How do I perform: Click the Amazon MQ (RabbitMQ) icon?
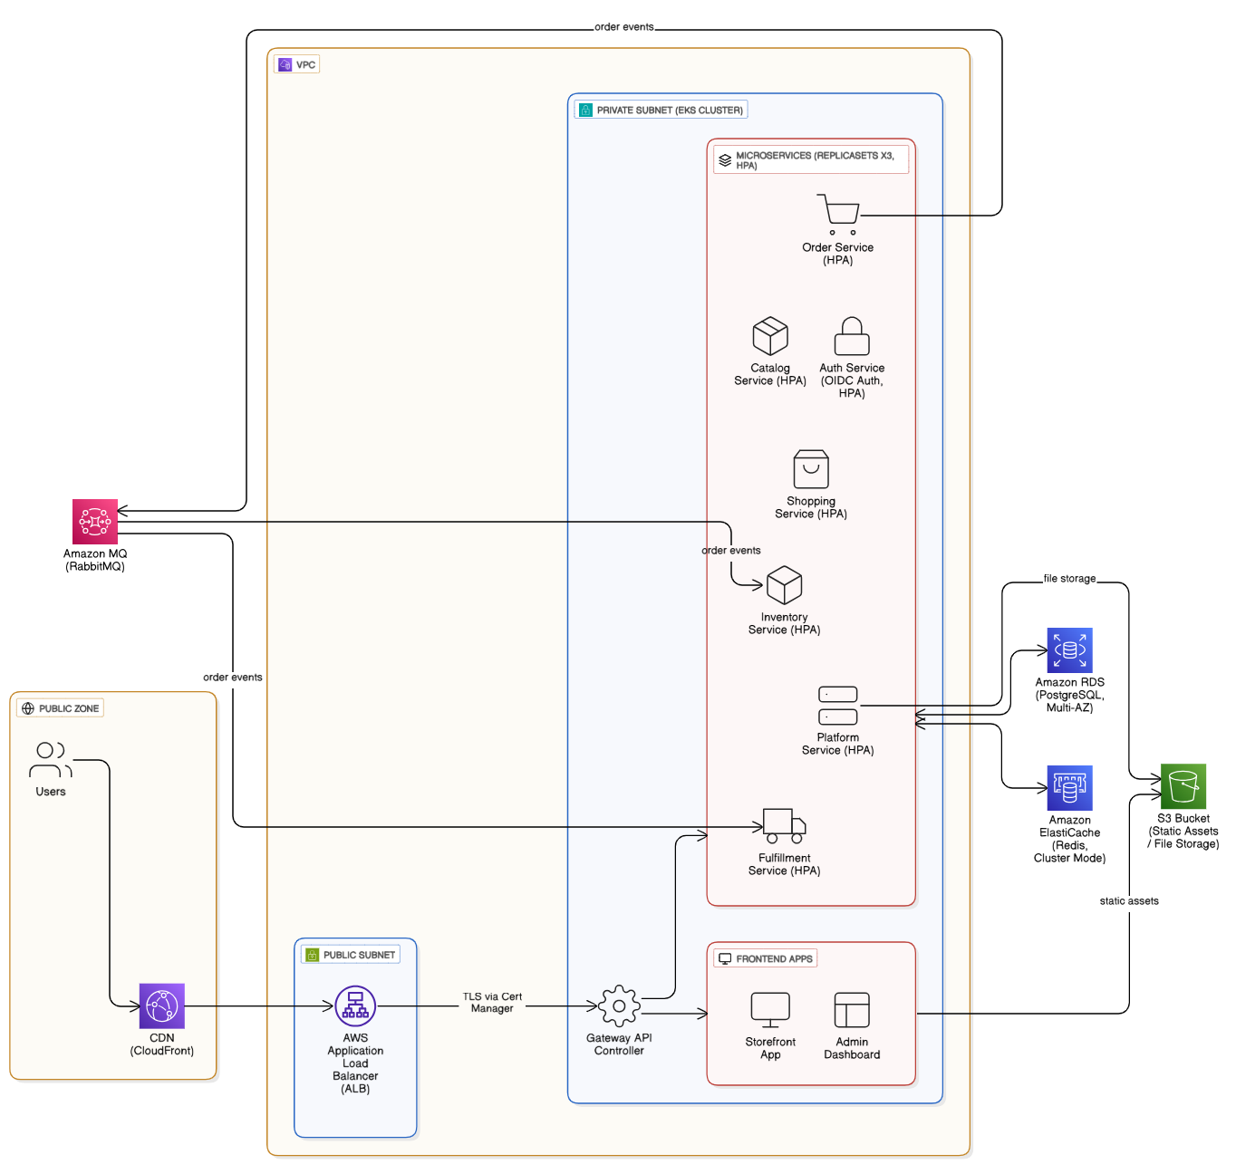click(95, 522)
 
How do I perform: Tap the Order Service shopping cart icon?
click(838, 214)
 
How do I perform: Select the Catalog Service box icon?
click(770, 336)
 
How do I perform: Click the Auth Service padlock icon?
click(852, 336)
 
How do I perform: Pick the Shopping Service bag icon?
click(811, 469)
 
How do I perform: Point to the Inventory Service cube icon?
click(784, 585)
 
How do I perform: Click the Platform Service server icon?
click(838, 706)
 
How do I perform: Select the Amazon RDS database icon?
click(1069, 650)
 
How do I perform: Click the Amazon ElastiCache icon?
click(1069, 788)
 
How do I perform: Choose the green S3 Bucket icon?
click(1183, 786)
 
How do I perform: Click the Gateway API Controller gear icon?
click(619, 1006)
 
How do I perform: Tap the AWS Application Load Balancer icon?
click(355, 1006)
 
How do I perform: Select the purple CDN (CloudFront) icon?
click(162, 1006)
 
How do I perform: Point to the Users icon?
click(51, 760)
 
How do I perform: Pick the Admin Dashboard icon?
click(852, 1010)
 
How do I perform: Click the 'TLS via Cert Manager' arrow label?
click(492, 1003)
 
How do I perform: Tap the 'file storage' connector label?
click(1069, 579)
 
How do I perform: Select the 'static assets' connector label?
click(1129, 901)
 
